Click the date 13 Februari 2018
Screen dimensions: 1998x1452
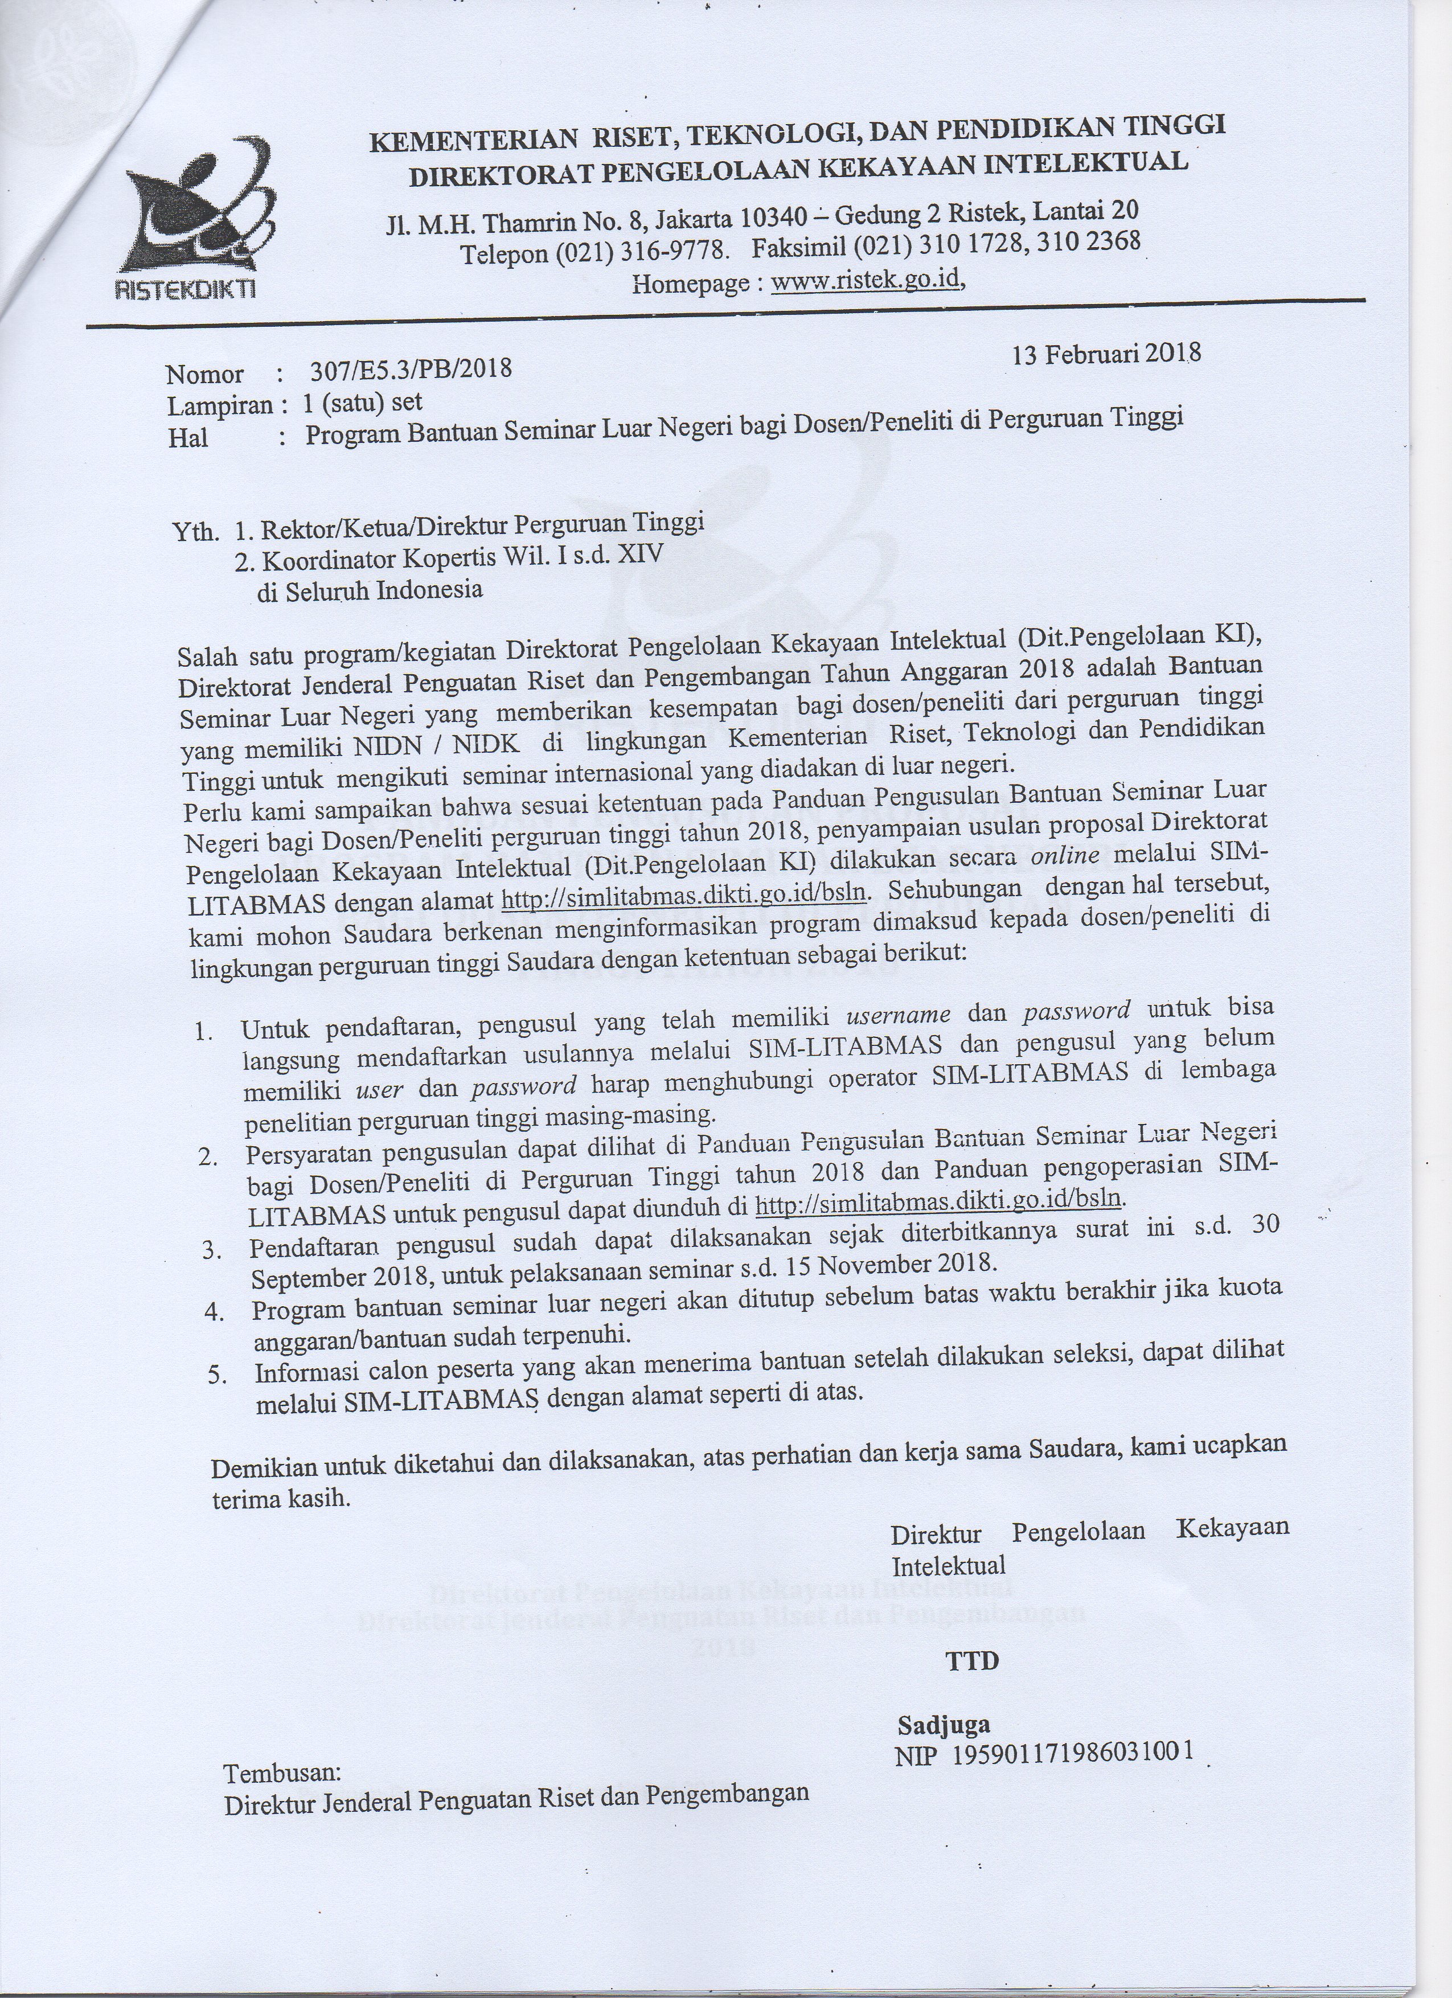[x=1106, y=354]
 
